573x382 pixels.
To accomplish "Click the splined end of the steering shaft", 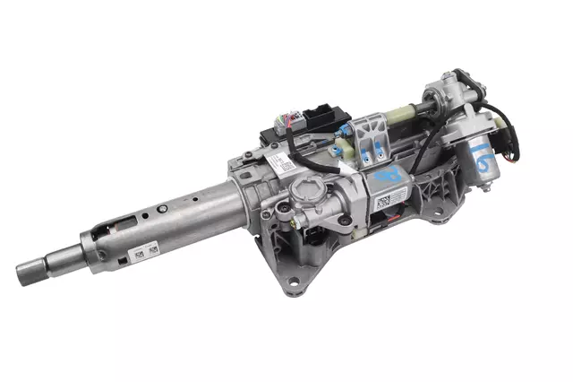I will tap(31, 267).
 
